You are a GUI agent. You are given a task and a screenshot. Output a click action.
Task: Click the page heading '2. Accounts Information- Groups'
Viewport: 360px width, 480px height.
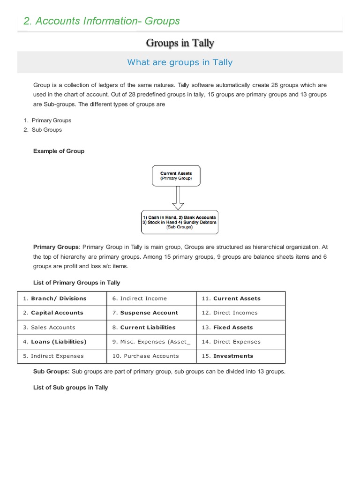click(x=102, y=21)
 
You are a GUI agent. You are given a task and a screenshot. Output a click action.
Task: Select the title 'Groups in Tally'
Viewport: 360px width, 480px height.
click(x=180, y=43)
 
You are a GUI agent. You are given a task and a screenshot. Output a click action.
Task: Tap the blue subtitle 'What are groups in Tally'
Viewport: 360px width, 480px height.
click(x=180, y=62)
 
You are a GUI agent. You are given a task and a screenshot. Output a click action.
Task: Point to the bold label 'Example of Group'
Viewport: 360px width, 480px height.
click(x=59, y=151)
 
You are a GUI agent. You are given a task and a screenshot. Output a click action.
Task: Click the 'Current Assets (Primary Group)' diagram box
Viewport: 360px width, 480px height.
click(x=176, y=176)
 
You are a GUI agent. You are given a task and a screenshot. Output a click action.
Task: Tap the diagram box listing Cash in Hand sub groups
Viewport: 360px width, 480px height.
click(x=179, y=222)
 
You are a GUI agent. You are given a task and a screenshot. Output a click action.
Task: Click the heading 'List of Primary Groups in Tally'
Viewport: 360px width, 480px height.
click(x=76, y=283)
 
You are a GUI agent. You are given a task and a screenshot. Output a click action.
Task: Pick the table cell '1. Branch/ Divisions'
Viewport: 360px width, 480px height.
click(x=62, y=299)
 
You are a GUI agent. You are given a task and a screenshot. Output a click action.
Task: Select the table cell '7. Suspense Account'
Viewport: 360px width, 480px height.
click(x=151, y=313)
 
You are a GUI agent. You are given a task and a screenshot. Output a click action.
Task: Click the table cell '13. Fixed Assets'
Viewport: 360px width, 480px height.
click(x=240, y=327)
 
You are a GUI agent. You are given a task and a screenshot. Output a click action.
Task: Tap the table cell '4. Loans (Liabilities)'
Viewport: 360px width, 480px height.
click(x=62, y=342)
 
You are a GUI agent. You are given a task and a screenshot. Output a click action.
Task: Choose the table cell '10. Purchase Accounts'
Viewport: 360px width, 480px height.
click(x=151, y=356)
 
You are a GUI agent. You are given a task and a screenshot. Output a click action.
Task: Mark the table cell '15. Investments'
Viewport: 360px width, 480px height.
click(x=240, y=356)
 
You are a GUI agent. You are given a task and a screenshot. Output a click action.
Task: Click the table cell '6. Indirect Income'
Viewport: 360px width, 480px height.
click(x=151, y=299)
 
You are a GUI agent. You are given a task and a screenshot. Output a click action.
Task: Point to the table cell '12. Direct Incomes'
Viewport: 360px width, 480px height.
click(x=240, y=313)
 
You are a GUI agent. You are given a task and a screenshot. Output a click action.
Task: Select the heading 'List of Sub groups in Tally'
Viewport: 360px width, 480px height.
click(x=70, y=388)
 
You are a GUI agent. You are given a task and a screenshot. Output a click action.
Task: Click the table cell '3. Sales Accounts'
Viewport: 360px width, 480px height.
click(x=62, y=327)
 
